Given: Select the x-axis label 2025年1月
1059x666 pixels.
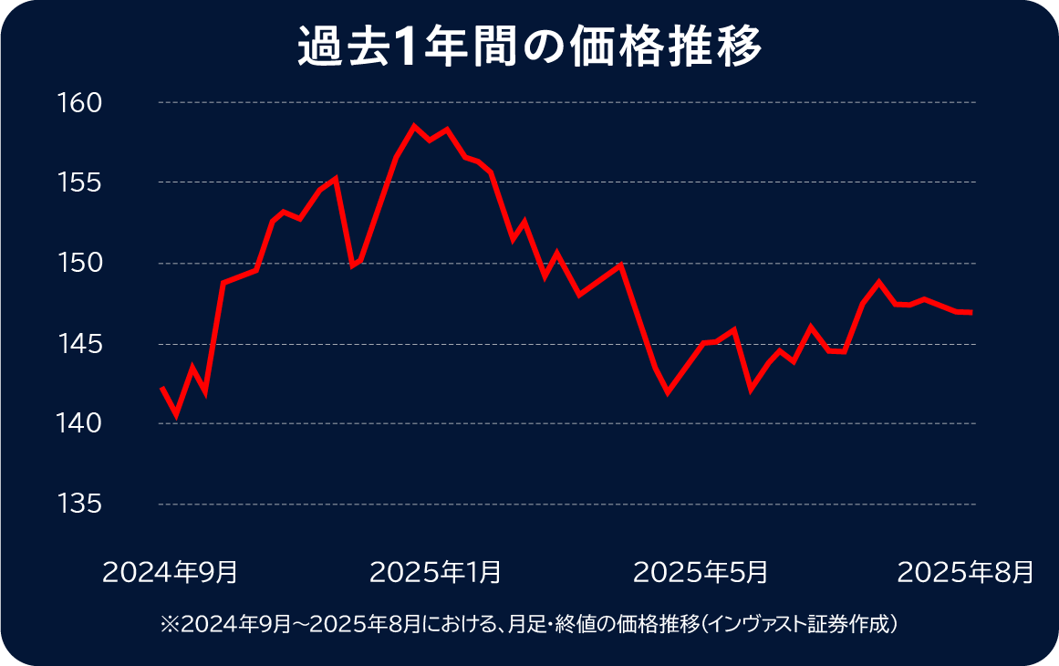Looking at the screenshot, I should point(435,572).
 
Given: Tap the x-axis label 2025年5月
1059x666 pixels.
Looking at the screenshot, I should point(700,572).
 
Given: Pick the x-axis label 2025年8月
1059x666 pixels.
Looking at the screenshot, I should point(966,572).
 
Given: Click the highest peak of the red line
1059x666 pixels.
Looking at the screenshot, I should point(414,126).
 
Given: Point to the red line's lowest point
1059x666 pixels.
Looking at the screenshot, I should point(176,416).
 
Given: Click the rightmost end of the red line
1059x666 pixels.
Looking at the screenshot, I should point(971,312).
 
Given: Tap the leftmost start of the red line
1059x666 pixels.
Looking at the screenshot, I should point(161,388).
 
